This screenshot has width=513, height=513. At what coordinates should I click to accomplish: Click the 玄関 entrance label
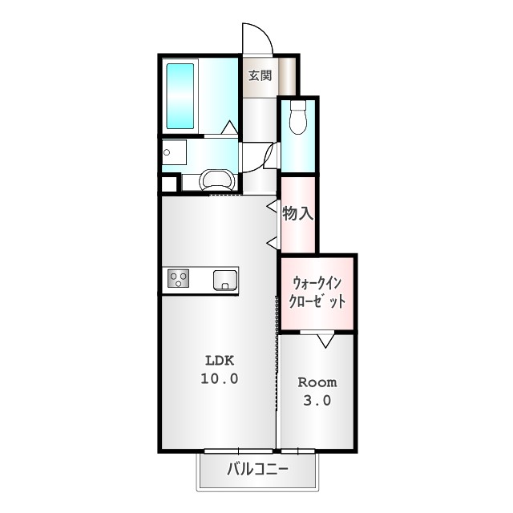pyautogui.click(x=259, y=76)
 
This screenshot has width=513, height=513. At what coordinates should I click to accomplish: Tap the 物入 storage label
pyautogui.click(x=297, y=214)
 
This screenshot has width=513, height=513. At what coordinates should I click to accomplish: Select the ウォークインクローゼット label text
pyautogui.click(x=317, y=293)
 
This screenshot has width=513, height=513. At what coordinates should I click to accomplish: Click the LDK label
pyautogui.click(x=218, y=359)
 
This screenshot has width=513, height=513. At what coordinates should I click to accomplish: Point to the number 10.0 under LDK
pyautogui.click(x=218, y=378)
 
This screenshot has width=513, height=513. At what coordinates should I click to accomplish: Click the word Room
pyautogui.click(x=317, y=382)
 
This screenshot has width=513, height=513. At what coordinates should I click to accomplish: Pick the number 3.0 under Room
pyautogui.click(x=317, y=401)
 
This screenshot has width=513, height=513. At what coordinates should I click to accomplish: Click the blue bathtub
pyautogui.click(x=180, y=95)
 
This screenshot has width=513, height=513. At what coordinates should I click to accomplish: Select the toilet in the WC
pyautogui.click(x=298, y=118)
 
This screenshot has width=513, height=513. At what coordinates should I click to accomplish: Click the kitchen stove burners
pyautogui.click(x=178, y=280)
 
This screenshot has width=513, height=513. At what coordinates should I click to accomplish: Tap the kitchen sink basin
pyautogui.click(x=225, y=281)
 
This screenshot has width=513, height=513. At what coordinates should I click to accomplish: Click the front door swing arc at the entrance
pyautogui.click(x=256, y=36)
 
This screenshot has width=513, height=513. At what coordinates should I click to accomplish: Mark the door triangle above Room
pyautogui.click(x=325, y=340)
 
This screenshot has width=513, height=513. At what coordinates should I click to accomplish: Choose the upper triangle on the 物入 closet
pyautogui.click(x=273, y=207)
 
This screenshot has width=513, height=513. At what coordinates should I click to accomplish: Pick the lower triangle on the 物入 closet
pyautogui.click(x=273, y=242)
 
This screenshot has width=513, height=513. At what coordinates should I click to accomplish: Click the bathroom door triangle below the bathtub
pyautogui.click(x=229, y=127)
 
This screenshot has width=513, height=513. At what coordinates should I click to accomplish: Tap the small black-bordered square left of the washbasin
pyautogui.click(x=168, y=184)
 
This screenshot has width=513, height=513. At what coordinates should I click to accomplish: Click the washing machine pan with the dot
pyautogui.click(x=173, y=152)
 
